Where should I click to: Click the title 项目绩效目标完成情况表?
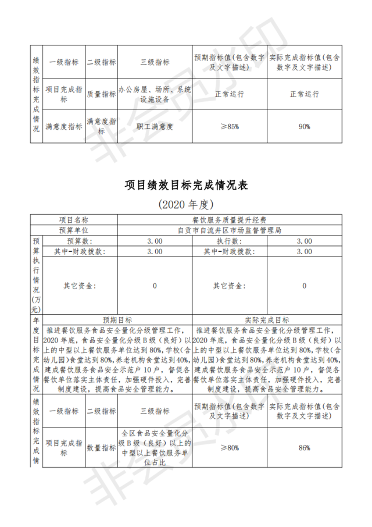tap(186, 185)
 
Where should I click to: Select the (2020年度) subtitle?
tap(186, 205)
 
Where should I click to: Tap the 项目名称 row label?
tap(73, 220)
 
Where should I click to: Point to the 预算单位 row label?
tap(73, 230)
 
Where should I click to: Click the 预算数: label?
tap(79, 241)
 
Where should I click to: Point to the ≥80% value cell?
tap(230, 448)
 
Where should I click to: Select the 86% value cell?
tap(305, 448)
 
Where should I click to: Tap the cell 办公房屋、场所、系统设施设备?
tap(155, 94)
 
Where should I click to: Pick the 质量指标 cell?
tap(101, 94)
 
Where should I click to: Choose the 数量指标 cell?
tap(101, 448)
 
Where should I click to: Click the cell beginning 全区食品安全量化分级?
tap(155, 448)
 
